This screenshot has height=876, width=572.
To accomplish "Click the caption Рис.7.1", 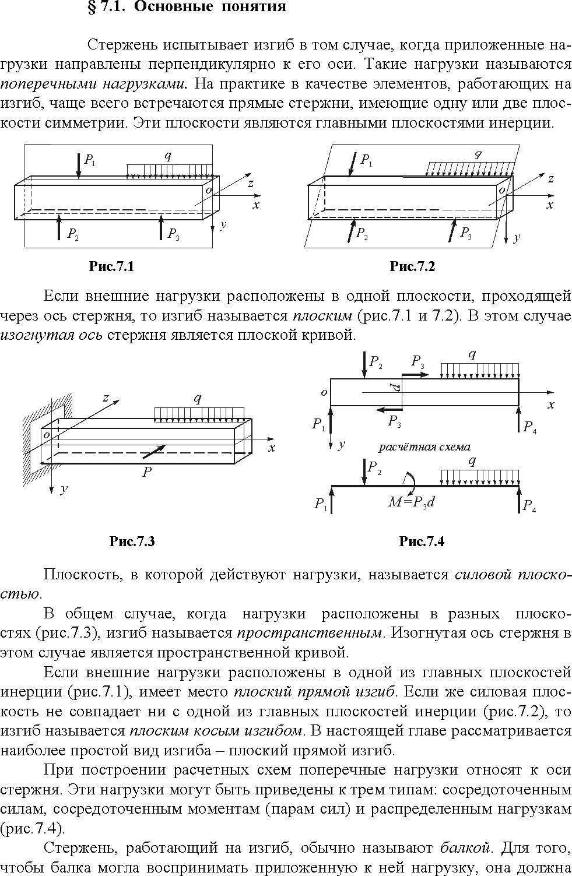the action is click(x=111, y=267).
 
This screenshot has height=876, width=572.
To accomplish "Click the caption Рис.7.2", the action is click(x=412, y=267).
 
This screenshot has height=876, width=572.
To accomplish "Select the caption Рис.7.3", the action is click(x=132, y=541).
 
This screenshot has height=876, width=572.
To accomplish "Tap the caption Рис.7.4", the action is click(x=422, y=541).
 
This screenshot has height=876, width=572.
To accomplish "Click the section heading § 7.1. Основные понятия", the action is click(x=187, y=6).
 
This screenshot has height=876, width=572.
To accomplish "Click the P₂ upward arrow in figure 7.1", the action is click(x=59, y=226).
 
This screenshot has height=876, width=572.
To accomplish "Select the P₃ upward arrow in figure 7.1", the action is click(x=161, y=226).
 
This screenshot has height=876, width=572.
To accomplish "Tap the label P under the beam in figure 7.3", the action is click(x=147, y=472).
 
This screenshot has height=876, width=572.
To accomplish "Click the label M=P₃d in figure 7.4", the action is click(x=412, y=502).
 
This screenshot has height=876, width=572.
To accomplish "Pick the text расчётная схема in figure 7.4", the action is click(x=424, y=446).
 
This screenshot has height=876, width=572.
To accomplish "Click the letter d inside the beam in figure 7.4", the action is click(x=396, y=388).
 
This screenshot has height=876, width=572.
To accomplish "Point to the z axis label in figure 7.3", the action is click(x=106, y=398).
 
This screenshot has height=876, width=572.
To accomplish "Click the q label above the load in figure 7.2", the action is click(x=478, y=154).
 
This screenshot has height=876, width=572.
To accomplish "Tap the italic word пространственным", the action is click(x=309, y=633).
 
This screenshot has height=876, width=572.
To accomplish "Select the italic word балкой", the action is click(x=465, y=848).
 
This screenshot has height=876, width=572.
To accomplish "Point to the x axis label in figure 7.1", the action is click(x=257, y=205).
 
